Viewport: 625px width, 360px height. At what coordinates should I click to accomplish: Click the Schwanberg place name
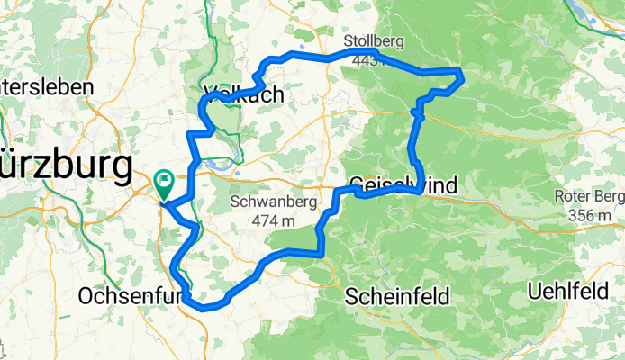tap(274, 203)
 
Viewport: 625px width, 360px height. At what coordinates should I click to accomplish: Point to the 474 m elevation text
tap(274, 220)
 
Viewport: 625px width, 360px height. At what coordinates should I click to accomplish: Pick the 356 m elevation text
tap(591, 216)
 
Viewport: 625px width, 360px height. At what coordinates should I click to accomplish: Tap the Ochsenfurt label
tap(131, 295)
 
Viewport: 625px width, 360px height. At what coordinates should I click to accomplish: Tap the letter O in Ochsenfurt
tap(86, 295)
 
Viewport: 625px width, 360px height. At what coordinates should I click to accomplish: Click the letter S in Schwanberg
tap(236, 203)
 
